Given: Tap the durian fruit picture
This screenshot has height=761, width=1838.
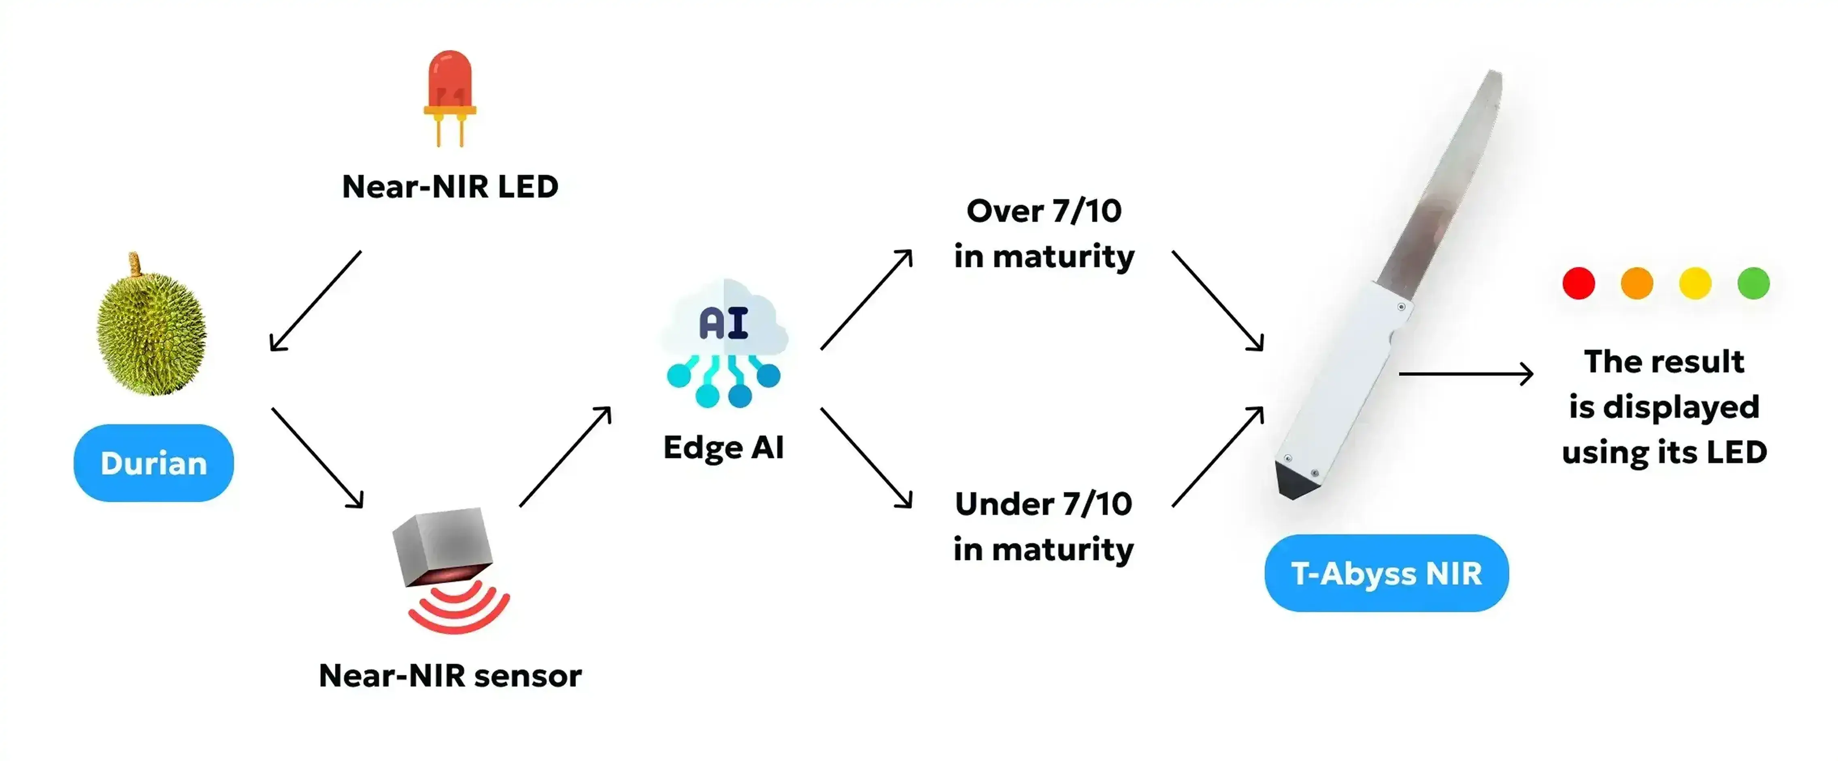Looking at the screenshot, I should pyautogui.click(x=151, y=332).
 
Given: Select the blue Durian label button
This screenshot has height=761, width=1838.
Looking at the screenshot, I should pyautogui.click(x=153, y=463).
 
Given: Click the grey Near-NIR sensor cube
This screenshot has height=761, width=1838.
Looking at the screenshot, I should pyautogui.click(x=442, y=546).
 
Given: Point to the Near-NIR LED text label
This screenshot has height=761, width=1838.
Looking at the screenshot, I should pyautogui.click(x=449, y=187).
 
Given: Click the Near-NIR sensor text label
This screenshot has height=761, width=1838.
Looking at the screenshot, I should pyautogui.click(x=449, y=676).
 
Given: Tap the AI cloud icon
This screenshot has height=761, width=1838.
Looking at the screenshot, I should pyautogui.click(x=724, y=342).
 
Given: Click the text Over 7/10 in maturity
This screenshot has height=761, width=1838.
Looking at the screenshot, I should pyautogui.click(x=1044, y=233).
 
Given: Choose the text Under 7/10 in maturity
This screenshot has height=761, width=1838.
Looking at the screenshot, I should pyautogui.click(x=1043, y=526).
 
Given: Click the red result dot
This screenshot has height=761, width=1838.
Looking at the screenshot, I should pyautogui.click(x=1578, y=283).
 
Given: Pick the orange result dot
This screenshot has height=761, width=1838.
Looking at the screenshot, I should pyautogui.click(x=1637, y=283).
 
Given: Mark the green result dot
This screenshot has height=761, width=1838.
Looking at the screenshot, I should pyautogui.click(x=1753, y=283).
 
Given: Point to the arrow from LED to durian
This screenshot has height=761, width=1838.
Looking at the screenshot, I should pyautogui.click(x=315, y=301).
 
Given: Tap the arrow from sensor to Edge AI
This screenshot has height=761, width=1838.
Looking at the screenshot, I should pyautogui.click(x=565, y=457).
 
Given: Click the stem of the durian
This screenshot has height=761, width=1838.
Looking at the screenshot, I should pyautogui.click(x=134, y=264).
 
